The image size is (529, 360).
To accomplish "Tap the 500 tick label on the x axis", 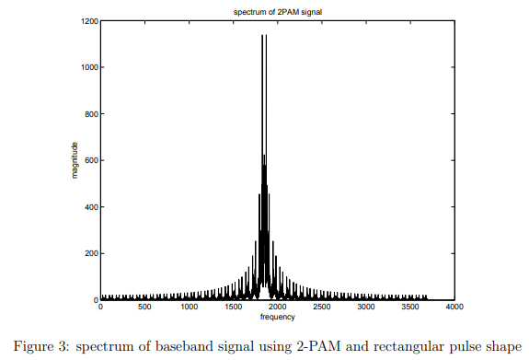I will (144, 308).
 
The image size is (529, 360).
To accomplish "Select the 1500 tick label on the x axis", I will (233, 308).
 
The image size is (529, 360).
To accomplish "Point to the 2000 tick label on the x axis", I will (277, 308).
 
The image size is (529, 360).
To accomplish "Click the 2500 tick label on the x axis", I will (321, 308).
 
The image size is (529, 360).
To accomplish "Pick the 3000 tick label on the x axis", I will (365, 308).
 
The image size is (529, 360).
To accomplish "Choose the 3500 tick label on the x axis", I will (409, 308).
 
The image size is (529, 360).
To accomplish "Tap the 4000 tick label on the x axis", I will (453, 308).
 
